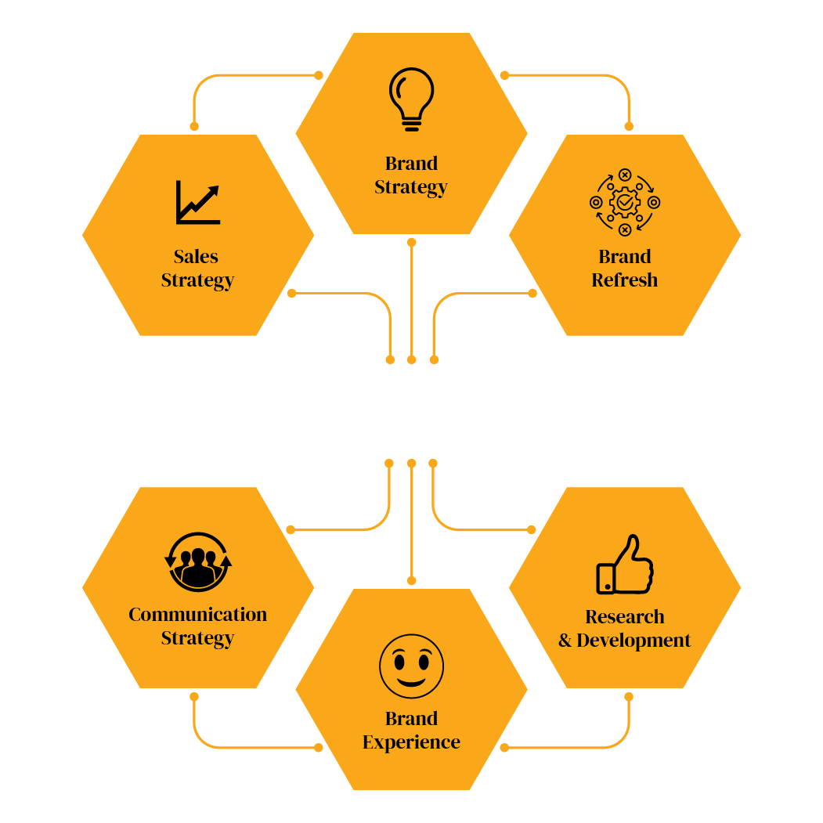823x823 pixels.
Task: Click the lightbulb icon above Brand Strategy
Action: tap(412, 99)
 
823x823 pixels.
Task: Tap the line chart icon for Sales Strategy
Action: tap(198, 203)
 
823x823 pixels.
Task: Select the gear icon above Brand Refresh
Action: tap(625, 202)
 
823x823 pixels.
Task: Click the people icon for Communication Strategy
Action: tap(198, 562)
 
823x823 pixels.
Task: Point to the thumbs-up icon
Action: tap(625, 565)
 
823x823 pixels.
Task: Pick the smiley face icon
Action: tap(412, 666)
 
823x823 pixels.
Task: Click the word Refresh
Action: tap(625, 280)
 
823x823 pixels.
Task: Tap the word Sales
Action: tap(196, 257)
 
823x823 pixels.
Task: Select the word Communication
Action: tap(198, 615)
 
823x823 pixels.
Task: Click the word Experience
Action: tap(412, 742)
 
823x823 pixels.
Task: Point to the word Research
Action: tap(625, 617)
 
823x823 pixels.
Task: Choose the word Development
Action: tap(633, 641)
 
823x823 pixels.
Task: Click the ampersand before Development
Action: tap(565, 641)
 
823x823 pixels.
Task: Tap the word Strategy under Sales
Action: tap(198, 281)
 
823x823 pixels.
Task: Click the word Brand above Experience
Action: tap(412, 719)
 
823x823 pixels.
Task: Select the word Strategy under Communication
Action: tap(198, 639)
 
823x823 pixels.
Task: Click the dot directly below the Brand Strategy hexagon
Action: tap(412, 243)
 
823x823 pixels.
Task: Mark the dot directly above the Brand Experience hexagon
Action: tap(412, 580)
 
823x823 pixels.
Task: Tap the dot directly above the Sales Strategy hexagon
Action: tap(194, 127)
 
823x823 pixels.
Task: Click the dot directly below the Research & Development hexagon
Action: tap(629, 696)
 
